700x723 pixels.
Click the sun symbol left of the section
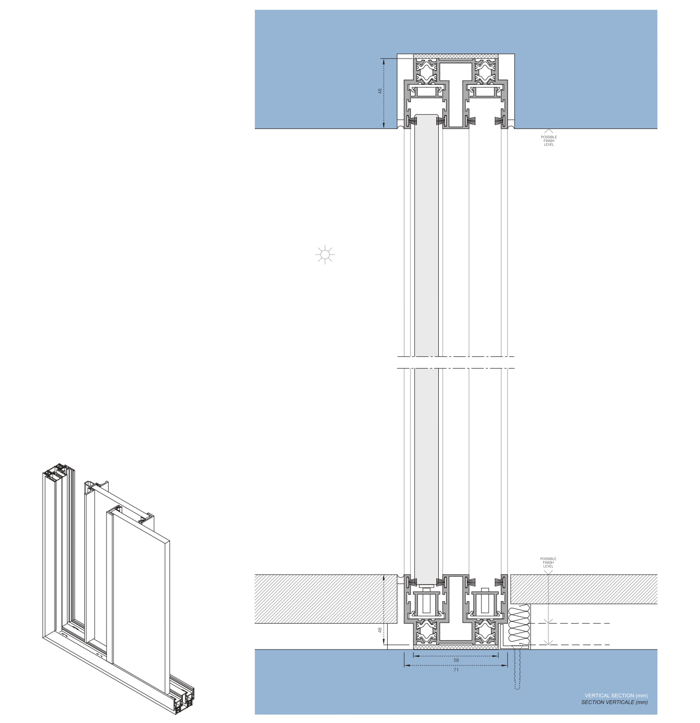pos(325,255)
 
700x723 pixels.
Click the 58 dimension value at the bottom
pos(456,660)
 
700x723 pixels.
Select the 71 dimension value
pos(456,670)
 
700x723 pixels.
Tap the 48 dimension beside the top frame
pos(380,91)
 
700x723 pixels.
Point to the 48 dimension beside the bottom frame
pos(380,630)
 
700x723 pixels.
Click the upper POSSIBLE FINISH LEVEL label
pos(549,140)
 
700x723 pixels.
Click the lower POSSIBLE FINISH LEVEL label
pos(548,562)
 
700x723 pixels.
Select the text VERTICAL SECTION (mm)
pos(616,695)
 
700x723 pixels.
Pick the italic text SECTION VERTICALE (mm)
pos(614,702)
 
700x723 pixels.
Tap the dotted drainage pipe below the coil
pos(517,670)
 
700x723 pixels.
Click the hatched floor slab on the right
pos(585,589)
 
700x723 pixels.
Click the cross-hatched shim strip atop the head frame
pos(456,57)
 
